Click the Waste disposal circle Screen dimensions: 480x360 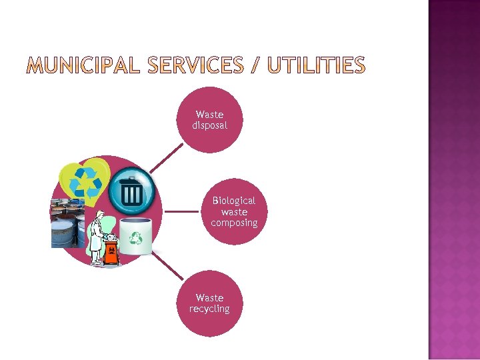(209, 120)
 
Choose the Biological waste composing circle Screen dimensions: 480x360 (234, 211)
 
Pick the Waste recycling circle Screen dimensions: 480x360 (209, 303)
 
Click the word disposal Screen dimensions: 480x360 (209, 125)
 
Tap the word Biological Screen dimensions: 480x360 (234, 200)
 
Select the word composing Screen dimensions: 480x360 (234, 223)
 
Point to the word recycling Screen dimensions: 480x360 (209, 309)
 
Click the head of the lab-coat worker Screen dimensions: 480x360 (101, 217)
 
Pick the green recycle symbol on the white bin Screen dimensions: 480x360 (137, 237)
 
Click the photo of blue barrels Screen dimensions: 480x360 (67, 224)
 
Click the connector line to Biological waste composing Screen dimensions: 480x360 (181, 211)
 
